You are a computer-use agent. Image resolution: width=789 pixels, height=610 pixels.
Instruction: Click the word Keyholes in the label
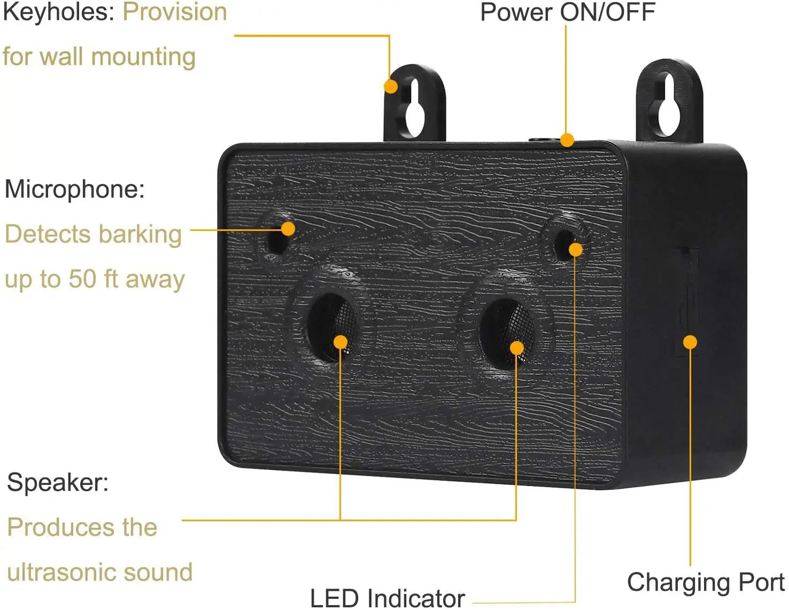point(58,13)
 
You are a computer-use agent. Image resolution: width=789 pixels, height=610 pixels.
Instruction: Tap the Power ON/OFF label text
point(568,12)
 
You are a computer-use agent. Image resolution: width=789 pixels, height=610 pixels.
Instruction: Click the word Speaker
point(58,483)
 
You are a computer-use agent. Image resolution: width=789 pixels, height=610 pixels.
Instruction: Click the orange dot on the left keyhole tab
point(391,87)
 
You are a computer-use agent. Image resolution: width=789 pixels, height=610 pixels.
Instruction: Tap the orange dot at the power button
point(567,140)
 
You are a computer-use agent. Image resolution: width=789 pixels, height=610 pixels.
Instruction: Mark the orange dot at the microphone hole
point(288,229)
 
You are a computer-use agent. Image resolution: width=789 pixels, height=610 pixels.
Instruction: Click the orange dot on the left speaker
point(340,342)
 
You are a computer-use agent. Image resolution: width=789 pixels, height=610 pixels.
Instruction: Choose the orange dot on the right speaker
point(517,348)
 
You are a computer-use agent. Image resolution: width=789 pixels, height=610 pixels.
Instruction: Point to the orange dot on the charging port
point(690,342)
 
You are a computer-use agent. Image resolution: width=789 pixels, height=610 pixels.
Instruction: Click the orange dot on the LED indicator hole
point(576,250)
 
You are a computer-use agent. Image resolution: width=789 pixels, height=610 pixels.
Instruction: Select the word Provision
point(175,12)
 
